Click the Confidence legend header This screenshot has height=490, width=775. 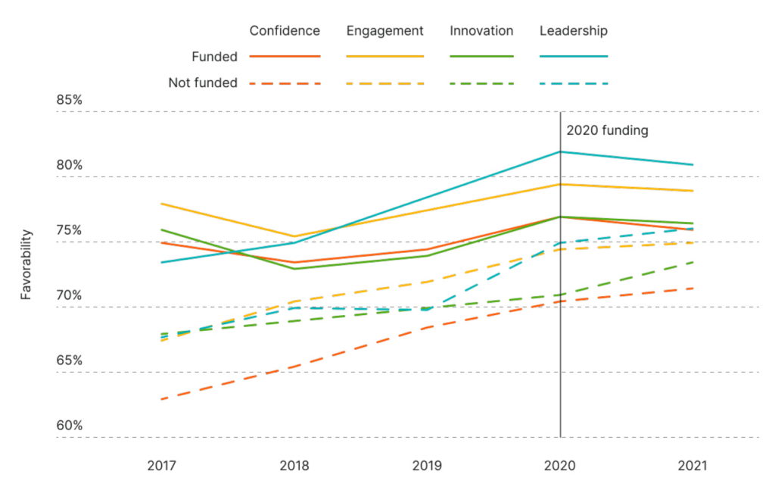285,31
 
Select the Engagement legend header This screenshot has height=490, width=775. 384,31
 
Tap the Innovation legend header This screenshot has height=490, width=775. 481,31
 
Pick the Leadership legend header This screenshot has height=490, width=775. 574,31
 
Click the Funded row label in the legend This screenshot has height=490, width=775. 215,56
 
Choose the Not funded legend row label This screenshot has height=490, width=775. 202,83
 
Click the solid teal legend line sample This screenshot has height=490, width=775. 574,56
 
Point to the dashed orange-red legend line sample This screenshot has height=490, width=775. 285,83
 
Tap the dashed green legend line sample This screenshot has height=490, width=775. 481,83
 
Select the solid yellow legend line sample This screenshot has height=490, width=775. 384,56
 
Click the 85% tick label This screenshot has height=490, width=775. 69,100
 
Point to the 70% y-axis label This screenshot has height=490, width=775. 69,295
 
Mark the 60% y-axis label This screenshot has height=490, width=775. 69,426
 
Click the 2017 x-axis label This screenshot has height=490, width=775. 162,467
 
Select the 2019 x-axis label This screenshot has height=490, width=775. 427,467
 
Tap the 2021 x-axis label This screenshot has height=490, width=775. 693,467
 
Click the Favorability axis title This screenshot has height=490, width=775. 26,264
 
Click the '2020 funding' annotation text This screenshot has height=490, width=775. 607,130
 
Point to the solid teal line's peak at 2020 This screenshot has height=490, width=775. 560,151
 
